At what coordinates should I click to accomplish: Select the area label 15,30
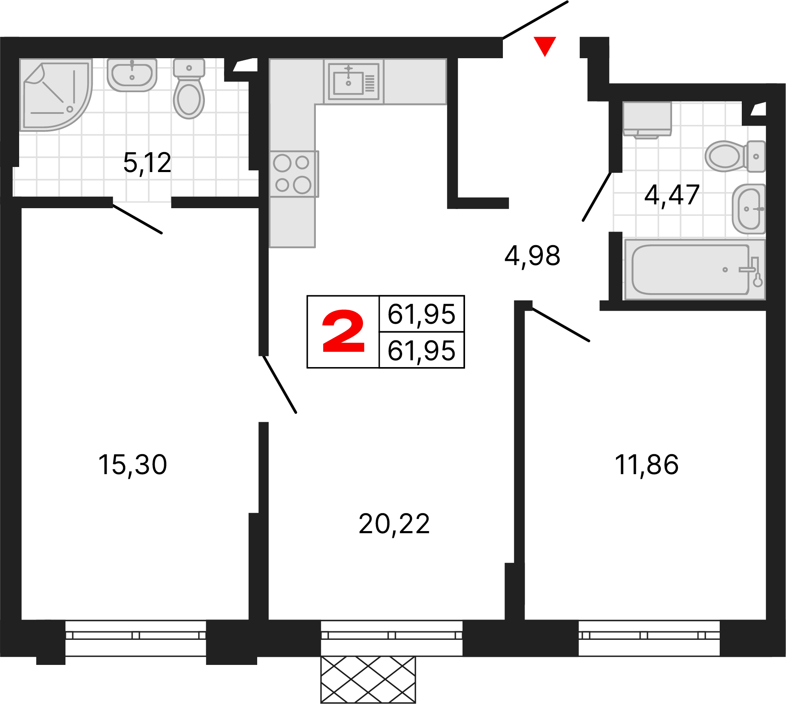(x=133, y=464)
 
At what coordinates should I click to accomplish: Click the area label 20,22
(x=394, y=524)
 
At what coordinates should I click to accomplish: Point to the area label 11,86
(x=647, y=464)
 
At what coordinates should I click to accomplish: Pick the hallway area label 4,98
(x=532, y=256)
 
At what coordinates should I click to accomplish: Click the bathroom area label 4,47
(x=672, y=195)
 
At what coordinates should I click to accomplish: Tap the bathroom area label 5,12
(x=147, y=163)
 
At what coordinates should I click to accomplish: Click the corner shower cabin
(x=55, y=95)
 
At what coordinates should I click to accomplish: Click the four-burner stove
(x=294, y=174)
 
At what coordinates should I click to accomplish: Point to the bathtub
(x=695, y=269)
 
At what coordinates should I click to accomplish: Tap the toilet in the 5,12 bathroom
(x=189, y=88)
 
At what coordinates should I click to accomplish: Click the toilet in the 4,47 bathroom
(x=735, y=156)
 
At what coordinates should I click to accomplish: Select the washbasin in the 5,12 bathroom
(x=132, y=75)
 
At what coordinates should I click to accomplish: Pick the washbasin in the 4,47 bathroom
(x=749, y=209)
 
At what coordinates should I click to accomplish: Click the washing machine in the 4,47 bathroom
(x=647, y=120)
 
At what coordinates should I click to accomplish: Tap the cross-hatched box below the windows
(x=368, y=679)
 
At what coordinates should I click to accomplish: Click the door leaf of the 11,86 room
(x=561, y=324)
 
